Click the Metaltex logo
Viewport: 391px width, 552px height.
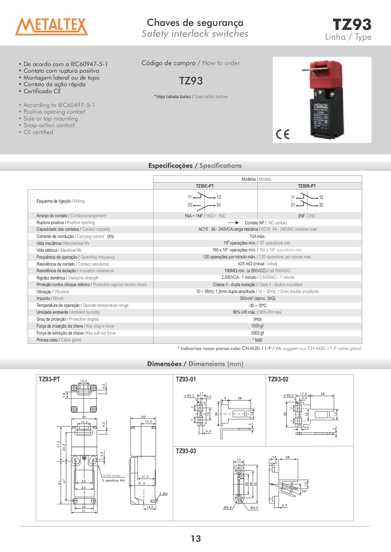click(x=52, y=26)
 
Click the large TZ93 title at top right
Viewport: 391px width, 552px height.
click(x=352, y=25)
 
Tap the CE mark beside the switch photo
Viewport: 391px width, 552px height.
click(x=282, y=134)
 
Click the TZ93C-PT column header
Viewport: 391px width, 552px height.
click(x=205, y=186)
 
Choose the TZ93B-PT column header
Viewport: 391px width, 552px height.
click(x=307, y=186)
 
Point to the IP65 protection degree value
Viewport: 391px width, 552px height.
click(x=257, y=319)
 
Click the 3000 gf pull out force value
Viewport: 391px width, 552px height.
click(x=257, y=333)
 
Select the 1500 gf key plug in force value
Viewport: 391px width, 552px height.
click(x=257, y=326)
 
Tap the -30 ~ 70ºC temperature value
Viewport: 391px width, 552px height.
click(x=257, y=306)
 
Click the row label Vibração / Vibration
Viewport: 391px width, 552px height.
click(x=53, y=292)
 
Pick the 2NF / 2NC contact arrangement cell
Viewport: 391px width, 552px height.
click(x=307, y=216)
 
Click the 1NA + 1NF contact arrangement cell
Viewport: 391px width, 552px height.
click(x=205, y=216)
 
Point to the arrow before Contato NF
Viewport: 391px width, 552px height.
click(x=233, y=223)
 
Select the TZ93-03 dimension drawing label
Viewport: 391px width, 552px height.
click(x=186, y=451)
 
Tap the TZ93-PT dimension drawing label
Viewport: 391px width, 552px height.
click(x=49, y=379)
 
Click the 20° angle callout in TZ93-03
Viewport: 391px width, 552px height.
click(x=304, y=491)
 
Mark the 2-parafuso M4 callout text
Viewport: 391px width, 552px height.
click(x=113, y=481)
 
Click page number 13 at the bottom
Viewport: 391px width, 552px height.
click(x=196, y=538)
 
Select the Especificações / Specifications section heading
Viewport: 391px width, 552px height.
click(x=195, y=166)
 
